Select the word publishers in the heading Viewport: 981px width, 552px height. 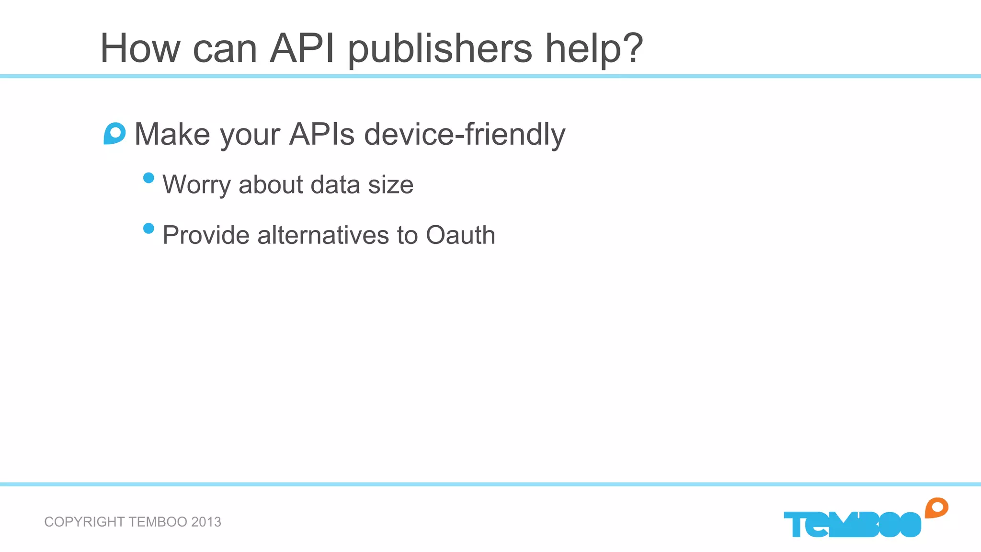coord(439,49)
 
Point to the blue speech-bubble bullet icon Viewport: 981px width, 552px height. coord(115,134)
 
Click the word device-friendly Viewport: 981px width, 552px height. coord(465,134)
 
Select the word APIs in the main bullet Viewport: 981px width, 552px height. coord(322,134)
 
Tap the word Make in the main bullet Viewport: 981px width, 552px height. coord(172,134)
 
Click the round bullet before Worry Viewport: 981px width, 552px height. coord(148,178)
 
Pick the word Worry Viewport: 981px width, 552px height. coord(196,185)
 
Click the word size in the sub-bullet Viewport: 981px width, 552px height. coord(390,185)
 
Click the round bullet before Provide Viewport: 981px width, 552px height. coord(148,228)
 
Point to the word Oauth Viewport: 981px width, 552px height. coord(460,235)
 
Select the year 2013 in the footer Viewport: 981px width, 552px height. coord(206,522)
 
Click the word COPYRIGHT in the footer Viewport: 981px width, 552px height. coord(84,522)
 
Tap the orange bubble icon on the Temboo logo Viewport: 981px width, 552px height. coord(936,508)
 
